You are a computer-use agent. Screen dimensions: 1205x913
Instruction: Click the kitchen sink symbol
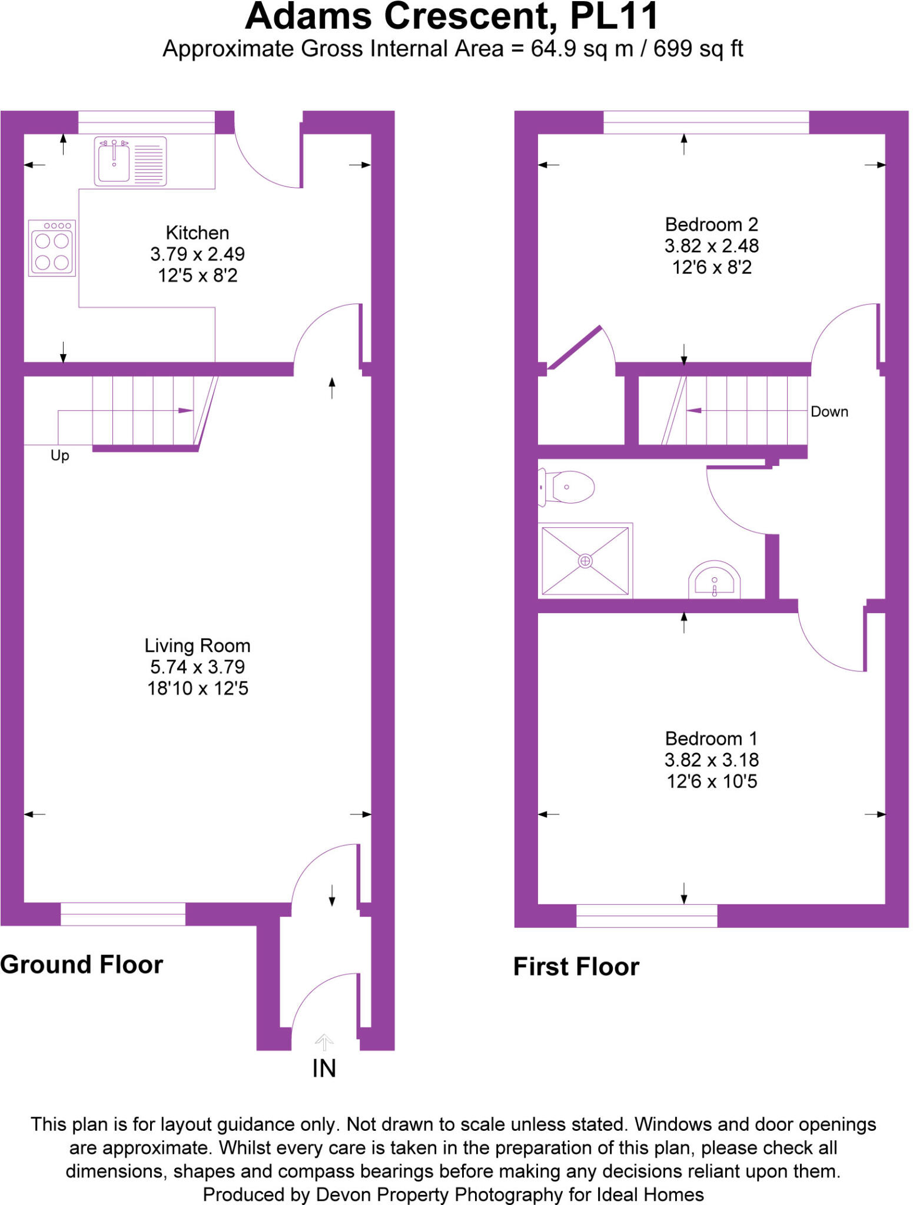tap(130, 161)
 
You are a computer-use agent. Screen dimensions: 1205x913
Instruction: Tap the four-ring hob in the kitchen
tap(52, 248)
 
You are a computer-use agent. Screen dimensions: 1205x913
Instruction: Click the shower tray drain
tap(585, 561)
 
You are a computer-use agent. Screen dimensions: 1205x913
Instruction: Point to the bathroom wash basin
tap(714, 580)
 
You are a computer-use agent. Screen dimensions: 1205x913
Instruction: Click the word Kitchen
tap(197, 233)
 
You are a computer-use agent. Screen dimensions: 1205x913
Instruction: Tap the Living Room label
tap(197, 645)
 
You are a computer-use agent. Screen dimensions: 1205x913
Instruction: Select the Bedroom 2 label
tap(711, 225)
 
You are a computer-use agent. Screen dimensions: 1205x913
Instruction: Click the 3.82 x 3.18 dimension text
tap(711, 760)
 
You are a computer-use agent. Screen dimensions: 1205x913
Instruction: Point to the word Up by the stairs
tap(59, 455)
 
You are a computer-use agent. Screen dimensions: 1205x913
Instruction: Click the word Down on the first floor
tap(829, 412)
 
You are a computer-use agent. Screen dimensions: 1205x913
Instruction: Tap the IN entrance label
tap(324, 1068)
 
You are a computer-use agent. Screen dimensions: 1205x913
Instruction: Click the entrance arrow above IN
tap(324, 1042)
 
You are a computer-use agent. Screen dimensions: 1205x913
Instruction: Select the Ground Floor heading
tap(82, 965)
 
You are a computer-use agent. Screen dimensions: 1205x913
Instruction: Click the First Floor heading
tap(576, 967)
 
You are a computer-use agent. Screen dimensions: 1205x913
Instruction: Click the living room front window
tap(123, 914)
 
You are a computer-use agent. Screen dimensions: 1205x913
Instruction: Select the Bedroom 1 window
tap(646, 916)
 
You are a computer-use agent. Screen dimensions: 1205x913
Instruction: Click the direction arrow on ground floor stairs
tap(185, 410)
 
